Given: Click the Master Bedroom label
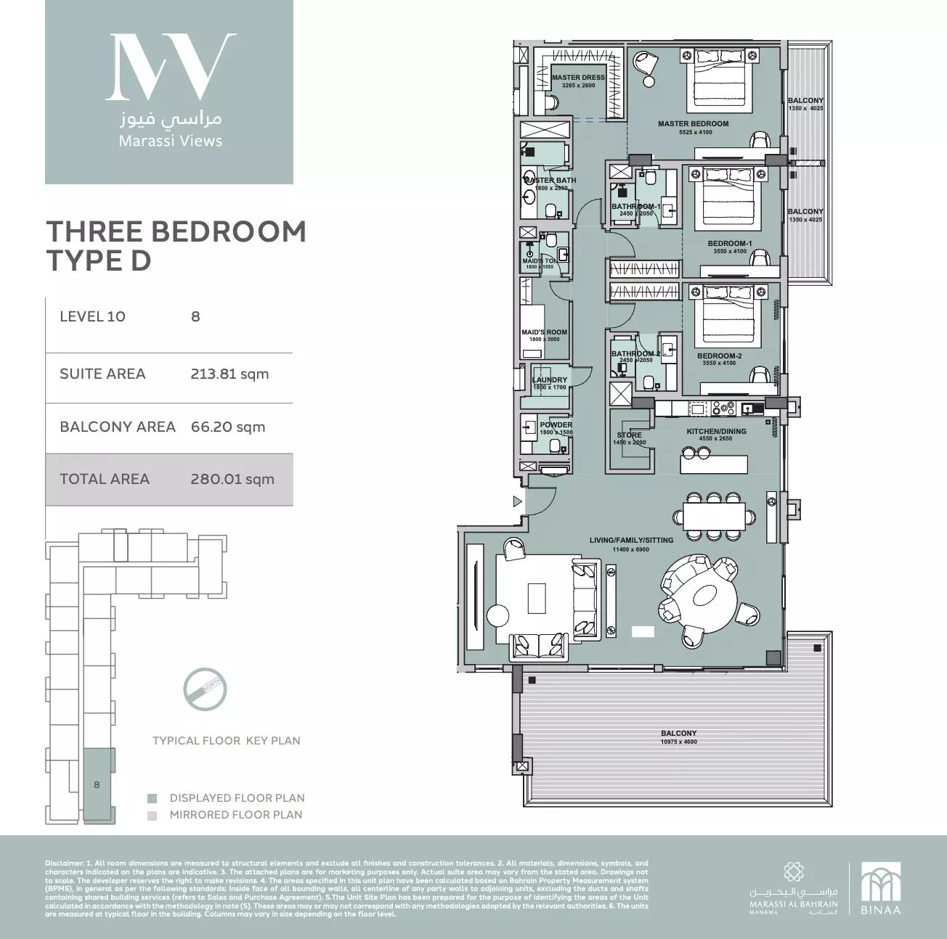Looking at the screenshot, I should pos(693,124).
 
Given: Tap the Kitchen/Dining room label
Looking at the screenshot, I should pos(716,431).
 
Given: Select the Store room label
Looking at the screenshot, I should pos(629,435).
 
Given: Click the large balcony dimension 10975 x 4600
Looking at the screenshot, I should pos(678,742).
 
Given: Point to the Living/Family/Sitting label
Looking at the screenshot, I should pos(630,540).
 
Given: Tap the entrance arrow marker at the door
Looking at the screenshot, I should pos(517,501).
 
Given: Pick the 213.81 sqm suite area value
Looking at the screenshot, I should pos(229,374).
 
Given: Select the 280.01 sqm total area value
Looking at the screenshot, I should pos(232,479).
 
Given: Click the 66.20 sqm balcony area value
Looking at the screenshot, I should pos(228,427).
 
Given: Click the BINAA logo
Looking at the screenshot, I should pos(880,887).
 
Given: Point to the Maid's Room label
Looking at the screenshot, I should pos(544,332).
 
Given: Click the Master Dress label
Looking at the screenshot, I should pos(578,78).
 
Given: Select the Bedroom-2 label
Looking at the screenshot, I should pos(719,356).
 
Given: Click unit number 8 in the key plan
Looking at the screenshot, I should pos(97,784).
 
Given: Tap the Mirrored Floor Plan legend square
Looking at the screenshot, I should pos(152,815).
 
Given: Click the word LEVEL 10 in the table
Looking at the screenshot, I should pos(92,316).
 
